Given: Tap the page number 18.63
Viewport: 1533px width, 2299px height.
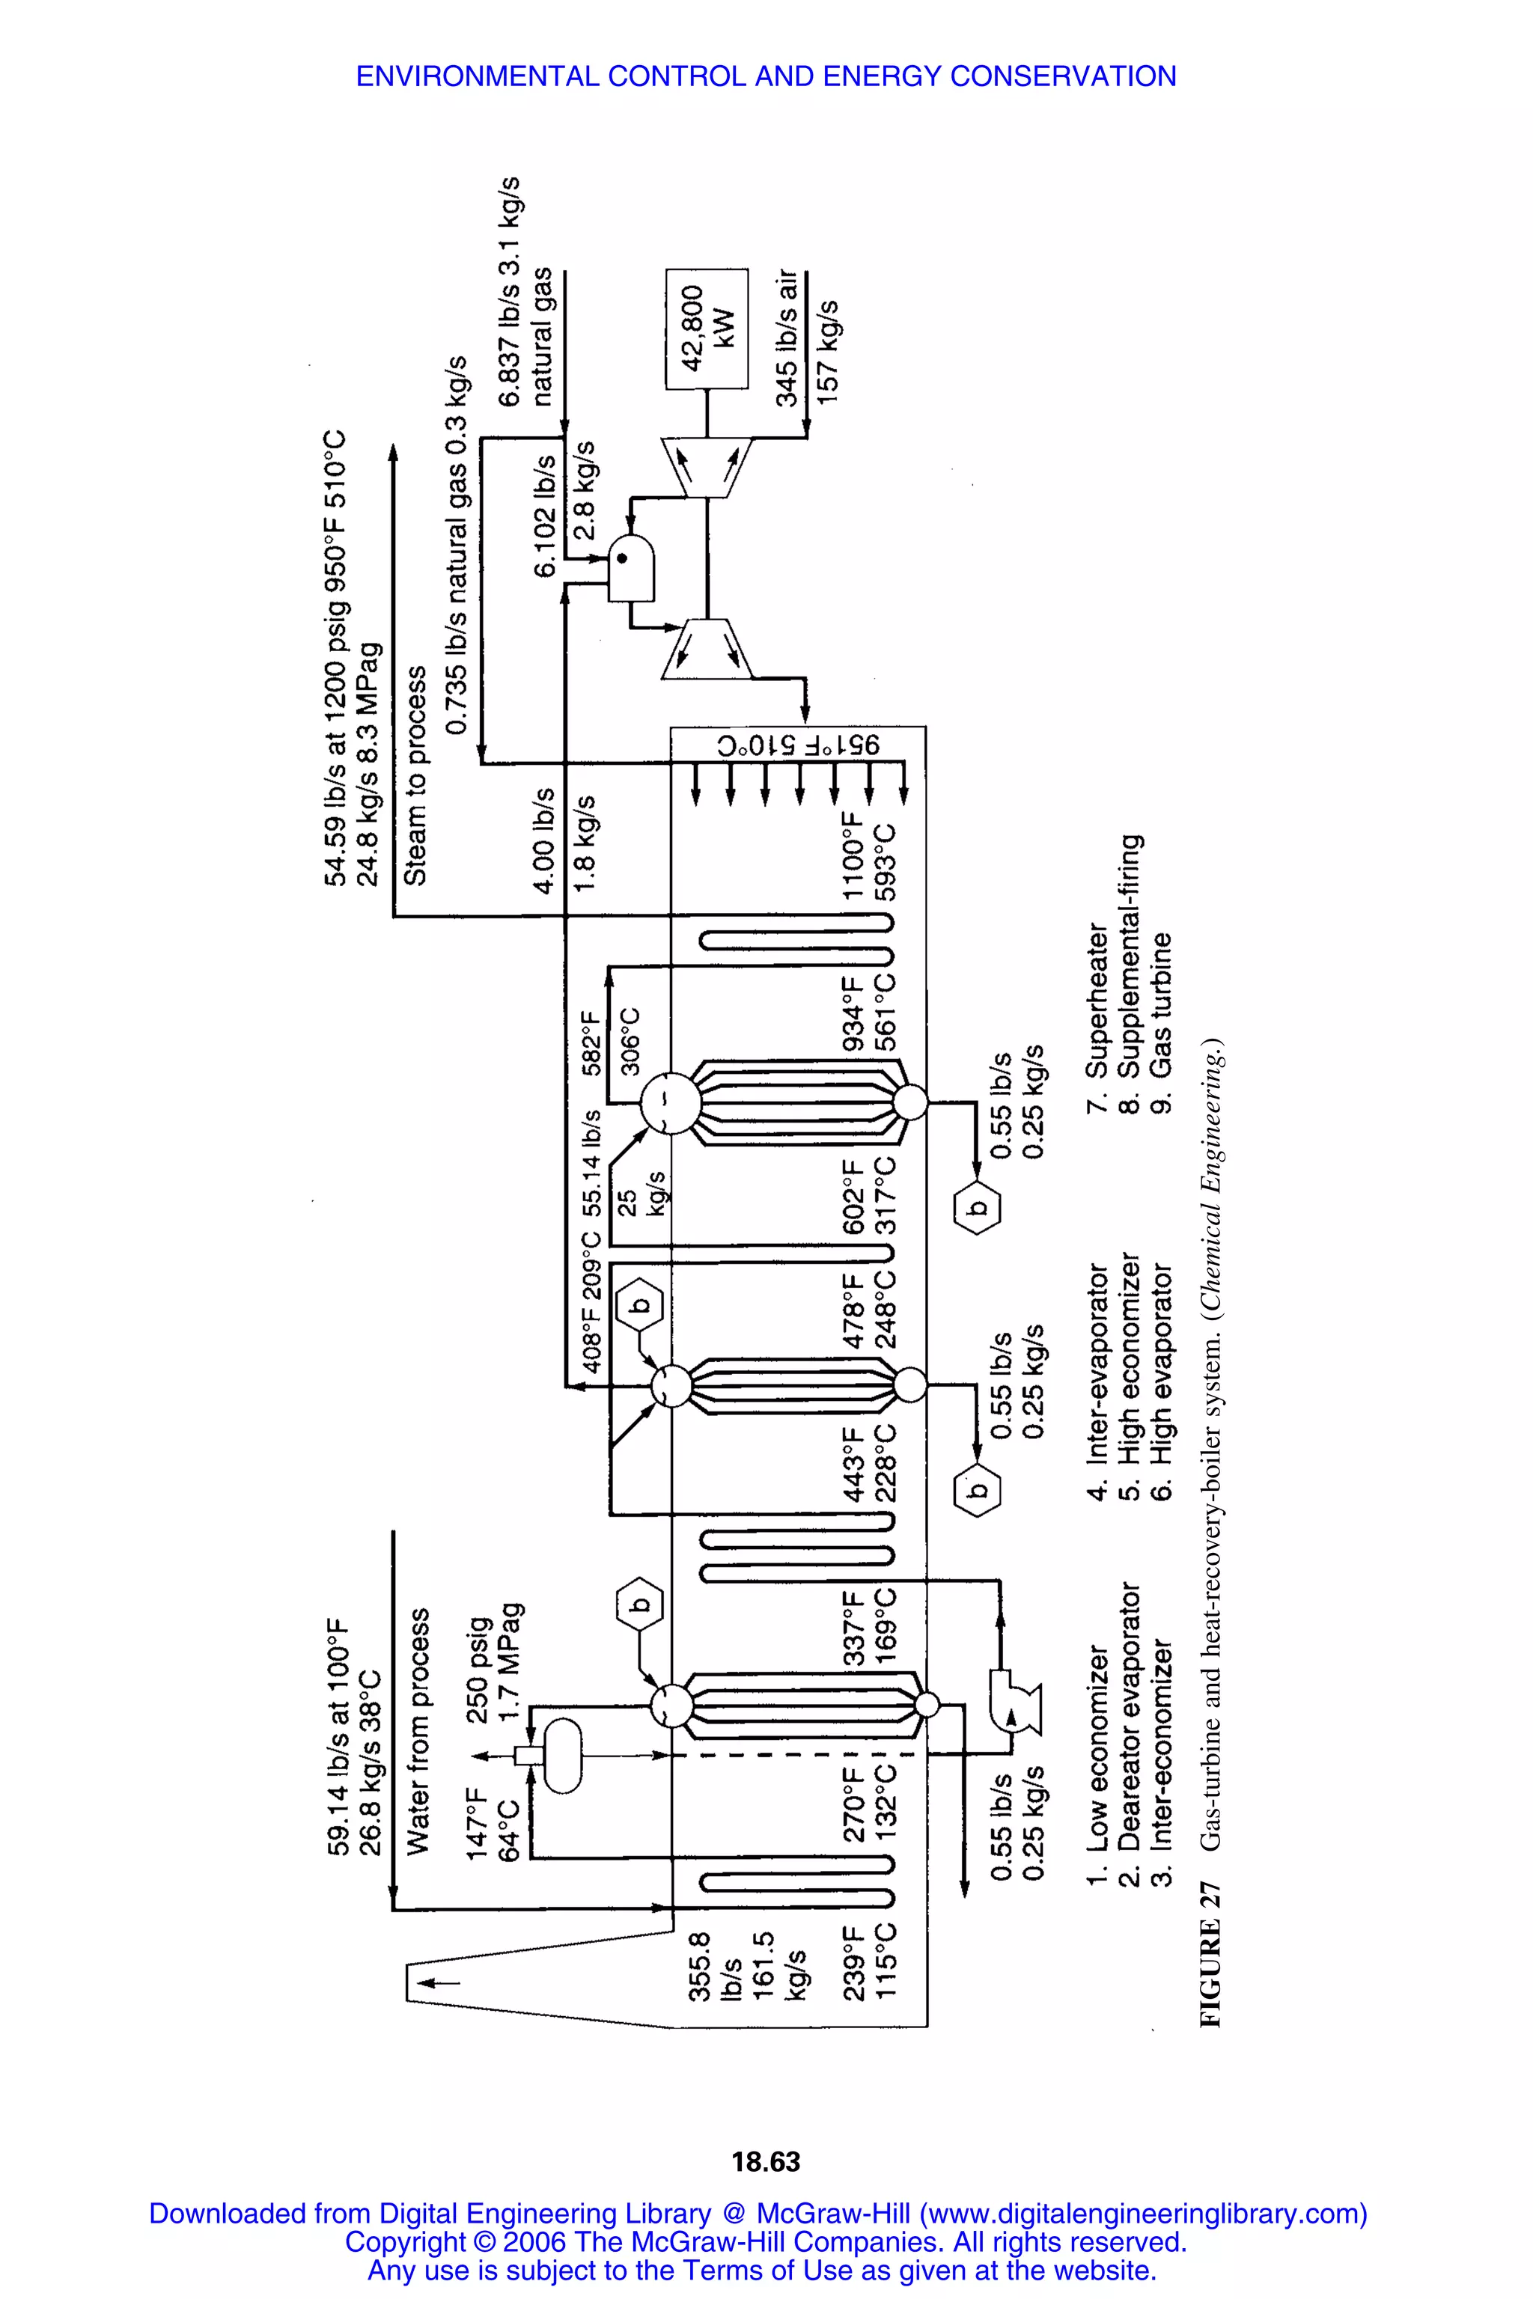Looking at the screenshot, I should click(766, 2161).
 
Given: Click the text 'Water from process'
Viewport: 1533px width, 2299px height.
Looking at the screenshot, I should click(418, 1730).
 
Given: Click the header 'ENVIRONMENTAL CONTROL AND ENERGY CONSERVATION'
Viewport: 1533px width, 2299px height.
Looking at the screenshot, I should click(766, 76).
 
